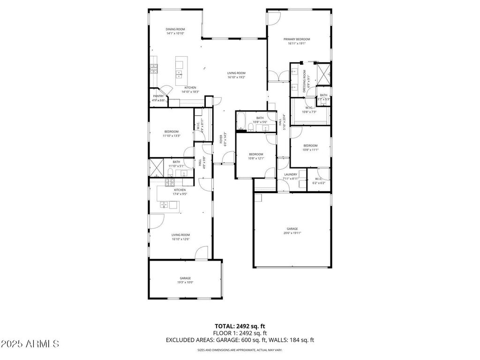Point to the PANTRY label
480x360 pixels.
[158, 96]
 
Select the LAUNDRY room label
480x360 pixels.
[291, 174]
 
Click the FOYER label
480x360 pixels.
[221, 139]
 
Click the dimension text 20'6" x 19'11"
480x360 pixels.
[292, 232]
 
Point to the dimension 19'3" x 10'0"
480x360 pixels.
[185, 282]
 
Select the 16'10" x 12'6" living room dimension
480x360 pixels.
[180, 239]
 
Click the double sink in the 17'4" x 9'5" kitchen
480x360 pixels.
[165, 204]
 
